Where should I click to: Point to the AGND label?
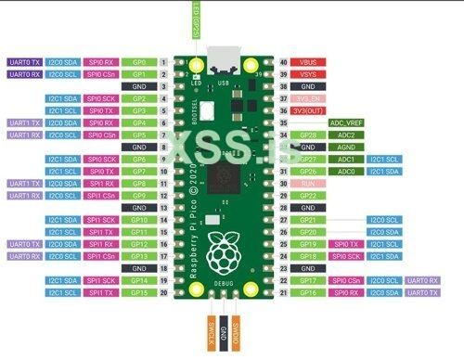click(x=345, y=147)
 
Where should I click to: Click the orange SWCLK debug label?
click(x=212, y=326)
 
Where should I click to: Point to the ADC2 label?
click(x=345, y=135)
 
